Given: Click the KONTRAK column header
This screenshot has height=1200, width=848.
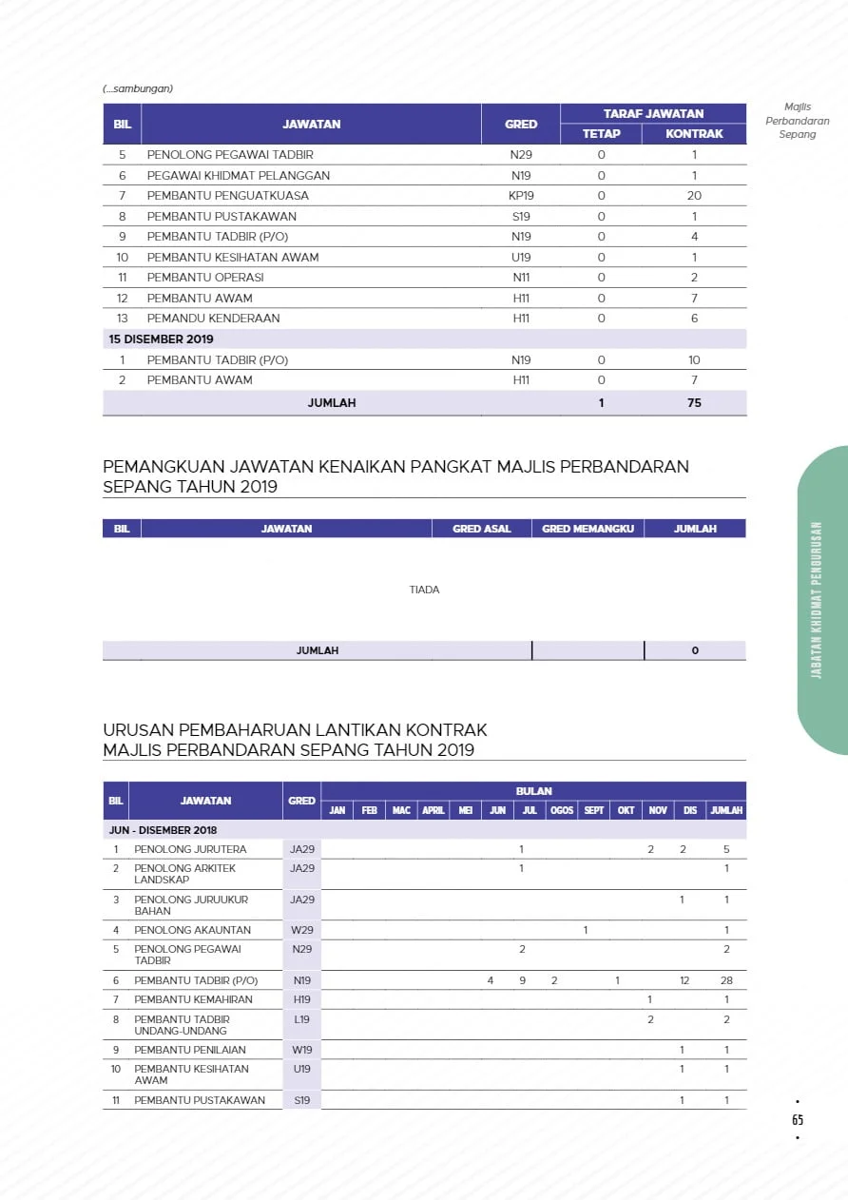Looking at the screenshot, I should click(694, 134).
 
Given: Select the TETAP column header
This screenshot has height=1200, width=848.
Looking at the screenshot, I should click(601, 134).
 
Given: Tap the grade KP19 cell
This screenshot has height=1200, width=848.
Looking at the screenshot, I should click(521, 196).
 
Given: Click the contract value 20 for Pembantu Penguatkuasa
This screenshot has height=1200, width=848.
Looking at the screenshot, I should click(694, 196).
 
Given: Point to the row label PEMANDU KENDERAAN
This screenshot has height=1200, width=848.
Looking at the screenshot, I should click(213, 319).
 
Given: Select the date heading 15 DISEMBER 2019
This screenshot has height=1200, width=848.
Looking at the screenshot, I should click(161, 339).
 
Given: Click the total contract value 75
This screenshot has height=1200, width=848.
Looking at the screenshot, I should click(694, 403).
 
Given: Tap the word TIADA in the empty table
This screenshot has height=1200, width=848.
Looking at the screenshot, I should click(424, 590).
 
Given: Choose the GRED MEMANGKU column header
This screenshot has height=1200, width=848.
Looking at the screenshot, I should click(588, 529).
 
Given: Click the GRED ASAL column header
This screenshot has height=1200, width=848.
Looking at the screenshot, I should click(482, 529).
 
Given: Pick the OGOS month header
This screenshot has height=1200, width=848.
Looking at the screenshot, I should click(561, 811).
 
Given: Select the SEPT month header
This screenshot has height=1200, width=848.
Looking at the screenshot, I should click(593, 811).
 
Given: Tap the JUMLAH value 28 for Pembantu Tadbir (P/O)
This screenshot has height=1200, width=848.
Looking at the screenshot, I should click(726, 980).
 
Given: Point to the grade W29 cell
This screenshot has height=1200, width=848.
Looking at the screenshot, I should click(302, 930).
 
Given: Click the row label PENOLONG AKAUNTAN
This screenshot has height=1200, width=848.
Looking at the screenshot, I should click(192, 930).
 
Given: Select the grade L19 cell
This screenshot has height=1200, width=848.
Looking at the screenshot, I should click(302, 1019).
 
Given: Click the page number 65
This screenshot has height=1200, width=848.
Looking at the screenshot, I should click(798, 1120).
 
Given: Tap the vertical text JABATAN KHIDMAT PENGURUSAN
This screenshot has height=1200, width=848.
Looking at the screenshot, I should click(817, 600).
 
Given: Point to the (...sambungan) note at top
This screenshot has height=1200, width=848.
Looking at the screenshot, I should click(138, 89).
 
